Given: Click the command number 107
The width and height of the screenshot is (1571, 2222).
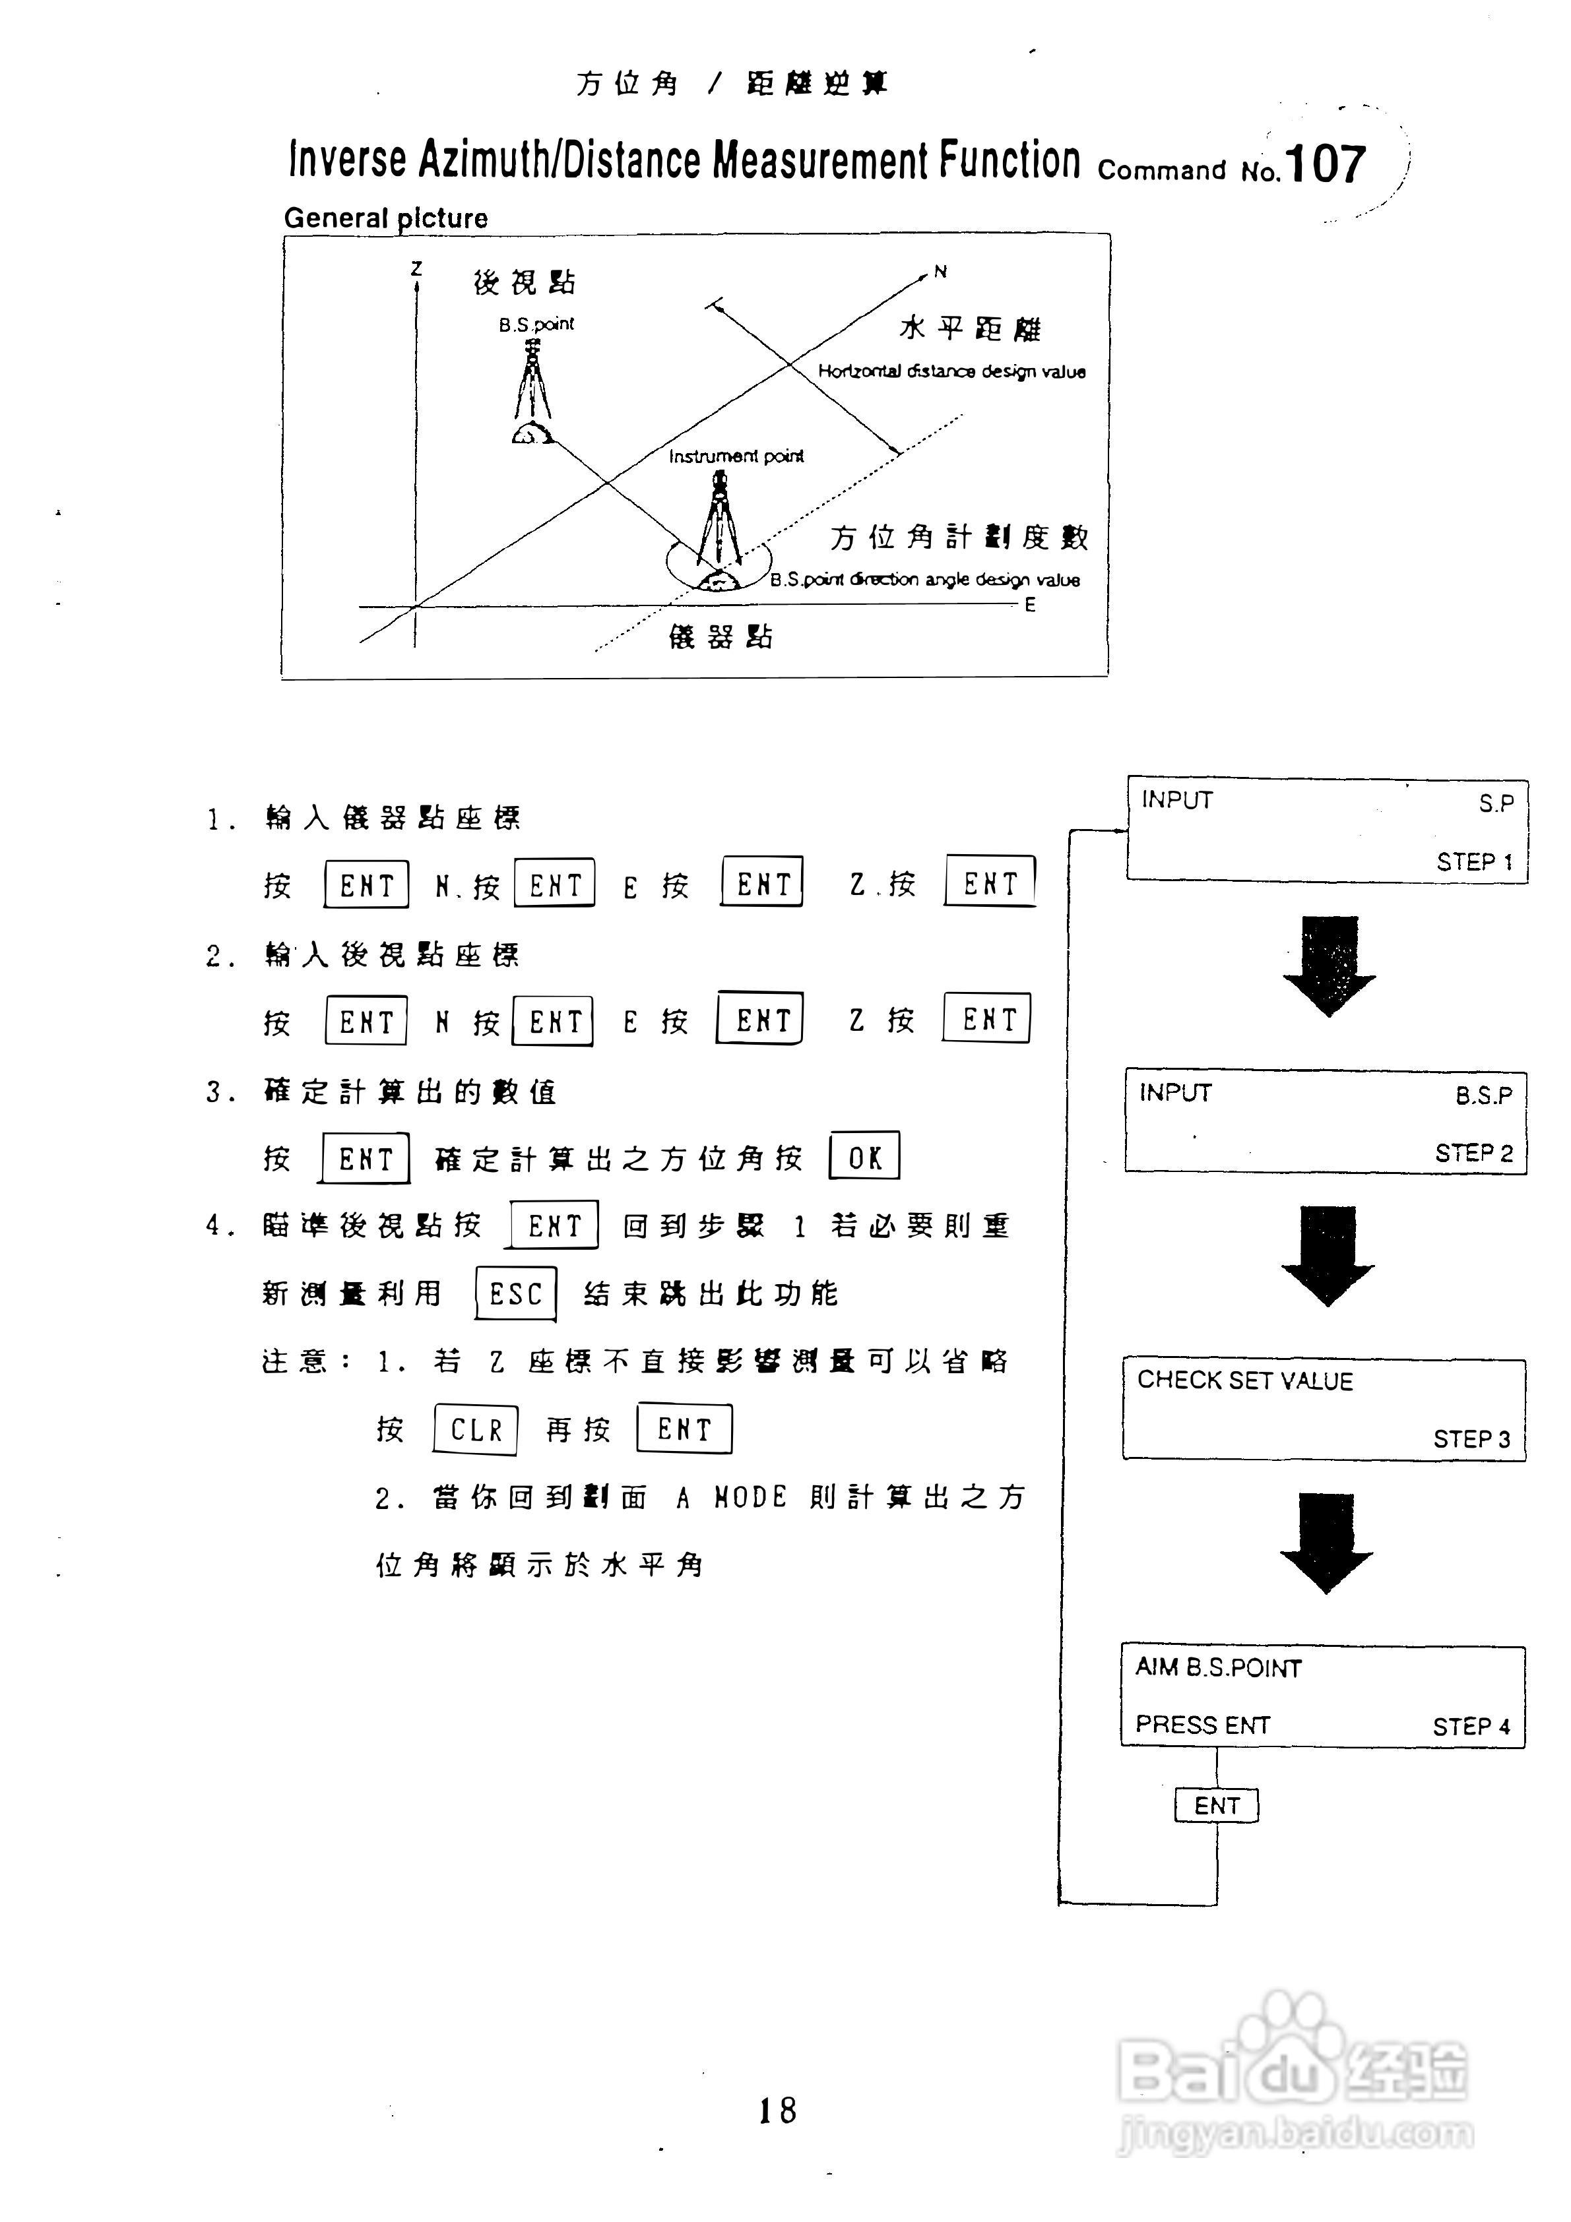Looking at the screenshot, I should coord(1326,164).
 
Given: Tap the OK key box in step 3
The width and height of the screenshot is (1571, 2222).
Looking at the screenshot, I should coord(864,1156).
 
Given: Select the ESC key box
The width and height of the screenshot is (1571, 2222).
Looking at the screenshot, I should coord(516,1293).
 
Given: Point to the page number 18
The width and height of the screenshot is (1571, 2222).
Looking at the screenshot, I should coord(777,2110).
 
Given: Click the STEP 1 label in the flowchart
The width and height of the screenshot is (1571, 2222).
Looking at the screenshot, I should coord(1474,861).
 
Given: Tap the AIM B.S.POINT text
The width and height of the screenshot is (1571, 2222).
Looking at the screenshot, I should coord(1218,1667).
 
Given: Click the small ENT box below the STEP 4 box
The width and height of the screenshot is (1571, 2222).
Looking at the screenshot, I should coord(1217,1806).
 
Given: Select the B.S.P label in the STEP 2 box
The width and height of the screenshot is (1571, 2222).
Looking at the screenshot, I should coord(1483,1095).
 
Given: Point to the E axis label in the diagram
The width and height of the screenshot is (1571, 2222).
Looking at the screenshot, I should coord(1030,605).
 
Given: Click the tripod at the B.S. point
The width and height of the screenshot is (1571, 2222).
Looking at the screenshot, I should coord(531,392).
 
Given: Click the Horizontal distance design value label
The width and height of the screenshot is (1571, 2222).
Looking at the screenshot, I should coord(951,371).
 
